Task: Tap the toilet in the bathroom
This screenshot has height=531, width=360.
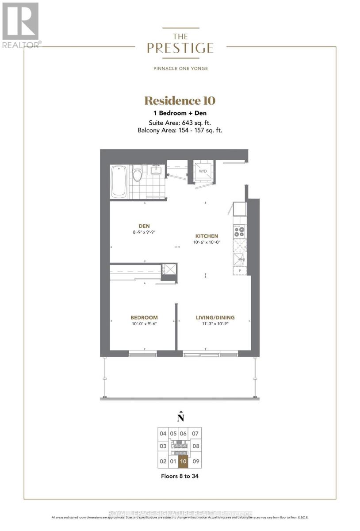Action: tap(138, 173)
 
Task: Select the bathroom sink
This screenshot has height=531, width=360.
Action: tap(156, 169)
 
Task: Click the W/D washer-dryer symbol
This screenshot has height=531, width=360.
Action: tap(203, 171)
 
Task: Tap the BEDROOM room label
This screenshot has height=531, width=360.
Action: tap(144, 317)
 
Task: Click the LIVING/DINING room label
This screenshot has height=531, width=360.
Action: tap(215, 317)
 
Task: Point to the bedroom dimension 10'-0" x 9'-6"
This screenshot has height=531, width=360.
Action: tap(144, 324)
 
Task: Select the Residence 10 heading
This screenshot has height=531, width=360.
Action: tap(180, 101)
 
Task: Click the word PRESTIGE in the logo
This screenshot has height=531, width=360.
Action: tap(180, 48)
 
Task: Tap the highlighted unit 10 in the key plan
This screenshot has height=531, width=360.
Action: tap(183, 462)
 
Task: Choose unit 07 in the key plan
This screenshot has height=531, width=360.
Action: tap(196, 434)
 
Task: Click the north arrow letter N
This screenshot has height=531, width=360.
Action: tap(180, 417)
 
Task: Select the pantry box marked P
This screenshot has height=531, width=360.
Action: tap(239, 271)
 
